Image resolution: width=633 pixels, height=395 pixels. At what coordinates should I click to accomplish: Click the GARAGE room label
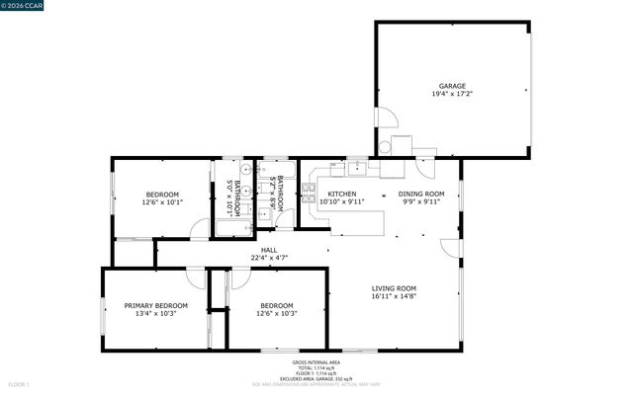coord(452,86)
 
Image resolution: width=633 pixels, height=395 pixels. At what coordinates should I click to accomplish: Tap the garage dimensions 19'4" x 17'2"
coord(452,95)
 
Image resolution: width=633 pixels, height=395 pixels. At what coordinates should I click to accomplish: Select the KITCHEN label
coord(342,194)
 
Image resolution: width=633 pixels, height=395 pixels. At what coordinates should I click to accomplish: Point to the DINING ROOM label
coord(421,194)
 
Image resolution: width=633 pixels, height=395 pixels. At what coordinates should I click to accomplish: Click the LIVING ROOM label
coord(394,287)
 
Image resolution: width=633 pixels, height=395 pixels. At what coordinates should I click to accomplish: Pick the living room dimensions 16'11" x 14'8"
coord(394,296)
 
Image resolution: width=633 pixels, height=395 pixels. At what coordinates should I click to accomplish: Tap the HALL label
coord(269,250)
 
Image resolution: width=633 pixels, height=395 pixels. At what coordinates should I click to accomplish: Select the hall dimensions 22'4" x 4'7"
coord(269,259)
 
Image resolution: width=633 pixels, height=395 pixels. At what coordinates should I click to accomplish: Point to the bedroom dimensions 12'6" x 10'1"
coord(162,202)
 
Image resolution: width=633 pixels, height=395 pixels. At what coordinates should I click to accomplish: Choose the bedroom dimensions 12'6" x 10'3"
coord(277,314)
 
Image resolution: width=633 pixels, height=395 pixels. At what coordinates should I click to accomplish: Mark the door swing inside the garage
coord(386,118)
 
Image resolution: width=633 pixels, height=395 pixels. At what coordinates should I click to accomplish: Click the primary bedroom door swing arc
coord(196,279)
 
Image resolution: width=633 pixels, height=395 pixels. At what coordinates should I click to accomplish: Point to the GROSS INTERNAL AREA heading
coord(316,361)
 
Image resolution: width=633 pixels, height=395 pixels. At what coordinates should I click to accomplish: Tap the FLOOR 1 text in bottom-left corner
coord(19,383)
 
